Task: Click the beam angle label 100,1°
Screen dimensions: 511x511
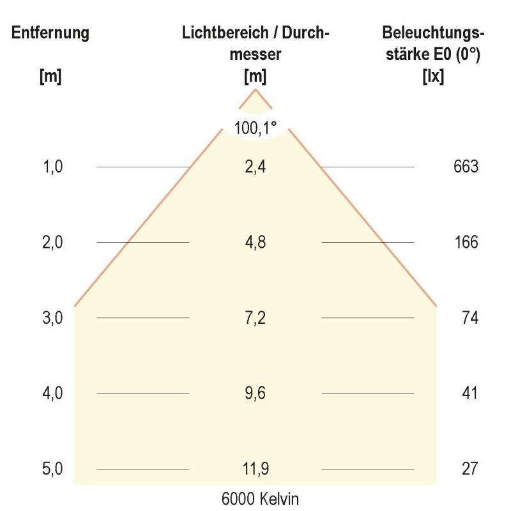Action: (256, 128)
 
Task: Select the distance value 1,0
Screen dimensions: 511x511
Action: (52, 167)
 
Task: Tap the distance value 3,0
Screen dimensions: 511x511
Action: (52, 318)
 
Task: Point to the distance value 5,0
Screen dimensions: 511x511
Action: (52, 469)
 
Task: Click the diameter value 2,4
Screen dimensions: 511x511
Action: (256, 167)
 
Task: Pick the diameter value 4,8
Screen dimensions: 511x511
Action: (256, 243)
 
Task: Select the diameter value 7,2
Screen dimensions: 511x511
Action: (256, 318)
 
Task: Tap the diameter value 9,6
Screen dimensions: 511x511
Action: (256, 393)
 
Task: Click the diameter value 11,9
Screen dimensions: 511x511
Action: (256, 469)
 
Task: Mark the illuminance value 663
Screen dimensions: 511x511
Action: (466, 167)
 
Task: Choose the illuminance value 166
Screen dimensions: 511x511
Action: (466, 243)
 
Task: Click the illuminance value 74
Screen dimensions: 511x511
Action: (469, 318)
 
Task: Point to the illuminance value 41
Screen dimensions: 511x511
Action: (469, 393)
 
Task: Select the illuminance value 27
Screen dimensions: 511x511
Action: (469, 469)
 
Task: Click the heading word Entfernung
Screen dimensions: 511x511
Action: (50, 33)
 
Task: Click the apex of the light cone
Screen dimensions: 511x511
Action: (256, 90)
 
